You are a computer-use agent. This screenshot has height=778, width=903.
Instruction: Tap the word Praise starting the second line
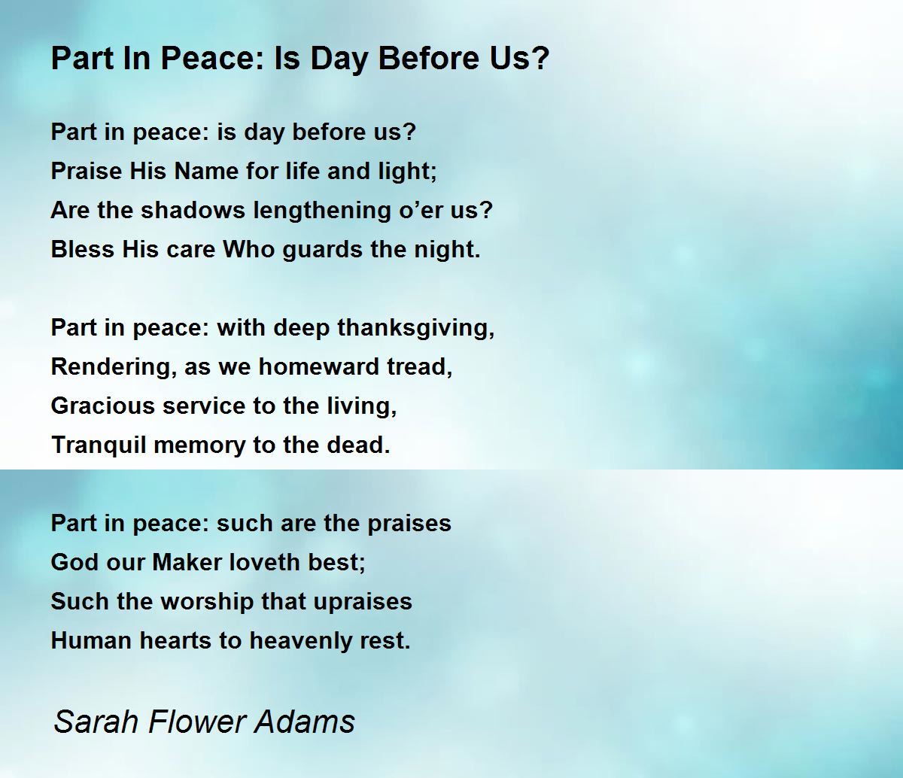87,170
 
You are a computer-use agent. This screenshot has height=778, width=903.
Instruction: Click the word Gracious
102,406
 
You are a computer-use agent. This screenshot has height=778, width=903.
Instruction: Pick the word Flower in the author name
196,721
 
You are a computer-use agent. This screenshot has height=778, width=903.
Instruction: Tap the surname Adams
305,721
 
